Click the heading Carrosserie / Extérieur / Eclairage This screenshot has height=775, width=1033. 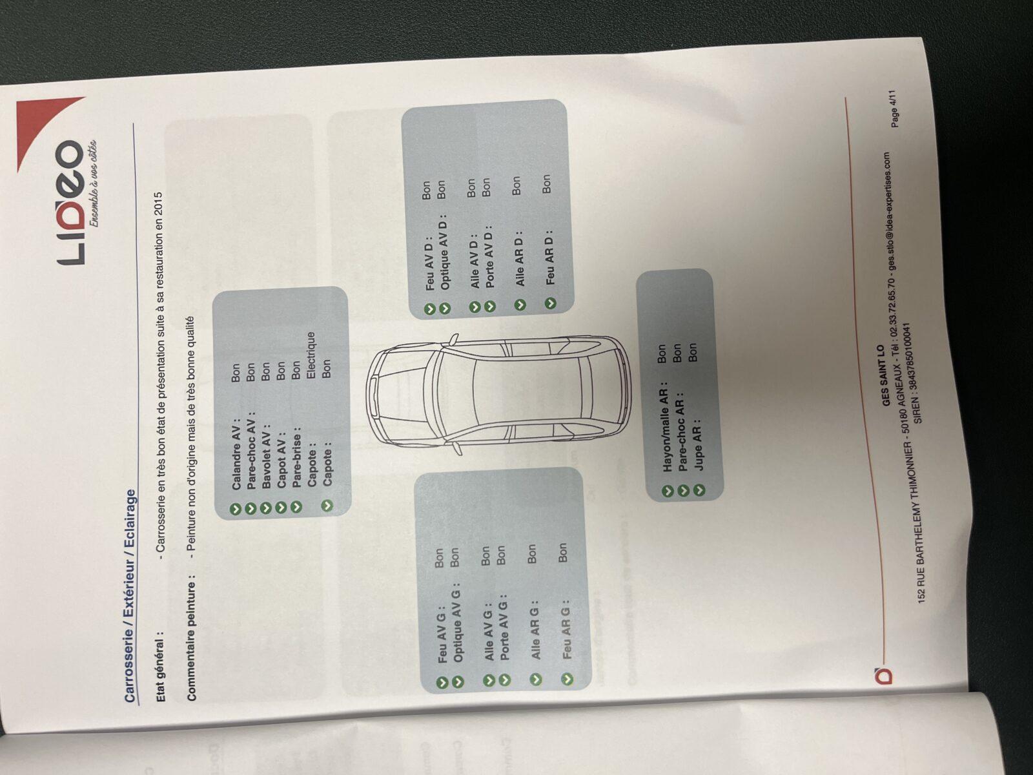pos(130,596)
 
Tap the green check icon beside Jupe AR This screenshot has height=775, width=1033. pos(700,490)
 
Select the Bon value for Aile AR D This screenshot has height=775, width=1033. pos(516,185)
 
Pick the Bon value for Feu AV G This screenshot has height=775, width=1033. pos(438,557)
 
